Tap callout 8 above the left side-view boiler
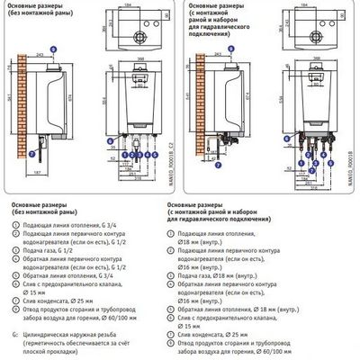(x=53, y=46)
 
